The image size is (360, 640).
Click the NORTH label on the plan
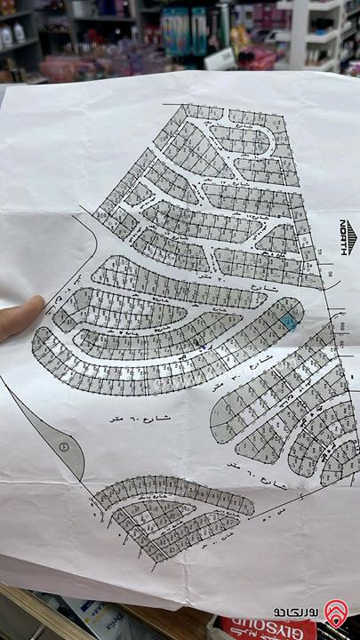coord(347,238)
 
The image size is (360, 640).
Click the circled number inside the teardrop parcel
coord(63,444)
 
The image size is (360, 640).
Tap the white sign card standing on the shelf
coord(220,59)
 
